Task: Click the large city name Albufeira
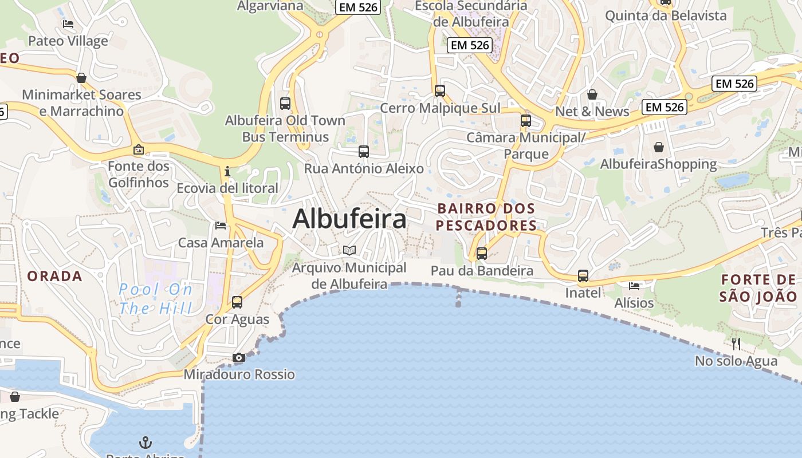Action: coord(349,219)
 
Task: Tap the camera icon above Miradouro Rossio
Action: coord(239,358)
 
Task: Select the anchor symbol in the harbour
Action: coord(146,442)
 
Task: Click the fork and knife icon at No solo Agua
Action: coord(736,343)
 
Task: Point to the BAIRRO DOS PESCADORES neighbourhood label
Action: coord(486,217)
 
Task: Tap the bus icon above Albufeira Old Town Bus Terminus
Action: coord(285,104)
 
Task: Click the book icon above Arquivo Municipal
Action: coord(349,250)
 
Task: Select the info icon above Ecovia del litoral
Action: coord(228,171)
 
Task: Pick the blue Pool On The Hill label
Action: coord(156,299)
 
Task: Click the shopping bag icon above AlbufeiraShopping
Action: coord(659,147)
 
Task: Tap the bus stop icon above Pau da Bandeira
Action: coord(482,254)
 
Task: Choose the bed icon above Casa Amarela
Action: coord(221,226)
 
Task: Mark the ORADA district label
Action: coord(55,276)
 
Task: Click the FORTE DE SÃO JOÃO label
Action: coord(758,288)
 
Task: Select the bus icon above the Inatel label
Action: coord(583,276)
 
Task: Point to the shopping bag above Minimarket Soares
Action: coord(81,78)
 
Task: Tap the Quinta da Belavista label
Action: coord(666,15)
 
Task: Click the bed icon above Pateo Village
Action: coord(68,24)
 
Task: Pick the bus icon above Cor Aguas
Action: coord(237,302)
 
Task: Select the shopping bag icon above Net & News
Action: coord(592,94)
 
